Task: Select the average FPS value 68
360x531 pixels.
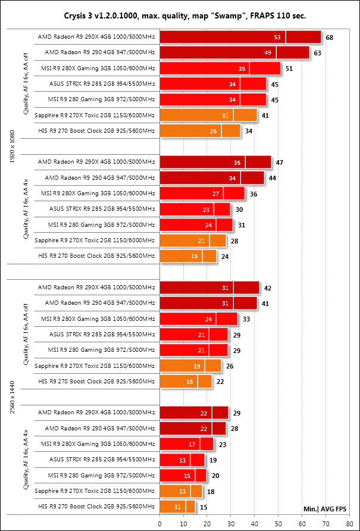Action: pyautogui.click(x=330, y=38)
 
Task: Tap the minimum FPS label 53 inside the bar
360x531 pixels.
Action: pyautogui.click(x=277, y=38)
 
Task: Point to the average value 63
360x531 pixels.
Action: pyautogui.click(x=318, y=53)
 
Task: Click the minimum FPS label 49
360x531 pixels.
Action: pyautogui.click(x=268, y=53)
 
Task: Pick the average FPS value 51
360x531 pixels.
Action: pyautogui.click(x=289, y=68)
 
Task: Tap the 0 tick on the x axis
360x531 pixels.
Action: pyautogui.click(x=160, y=523)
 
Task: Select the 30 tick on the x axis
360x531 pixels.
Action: pyautogui.click(x=231, y=523)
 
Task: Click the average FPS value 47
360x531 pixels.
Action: pyautogui.click(x=280, y=163)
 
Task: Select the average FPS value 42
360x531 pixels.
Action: pyautogui.click(x=268, y=288)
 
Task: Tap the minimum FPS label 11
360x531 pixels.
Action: pyautogui.click(x=177, y=507)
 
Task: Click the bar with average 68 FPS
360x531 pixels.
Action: pyautogui.click(x=240, y=38)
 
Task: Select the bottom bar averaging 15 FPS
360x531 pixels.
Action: pyautogui.click(x=177, y=507)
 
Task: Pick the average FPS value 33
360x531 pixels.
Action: pyautogui.click(x=246, y=319)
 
